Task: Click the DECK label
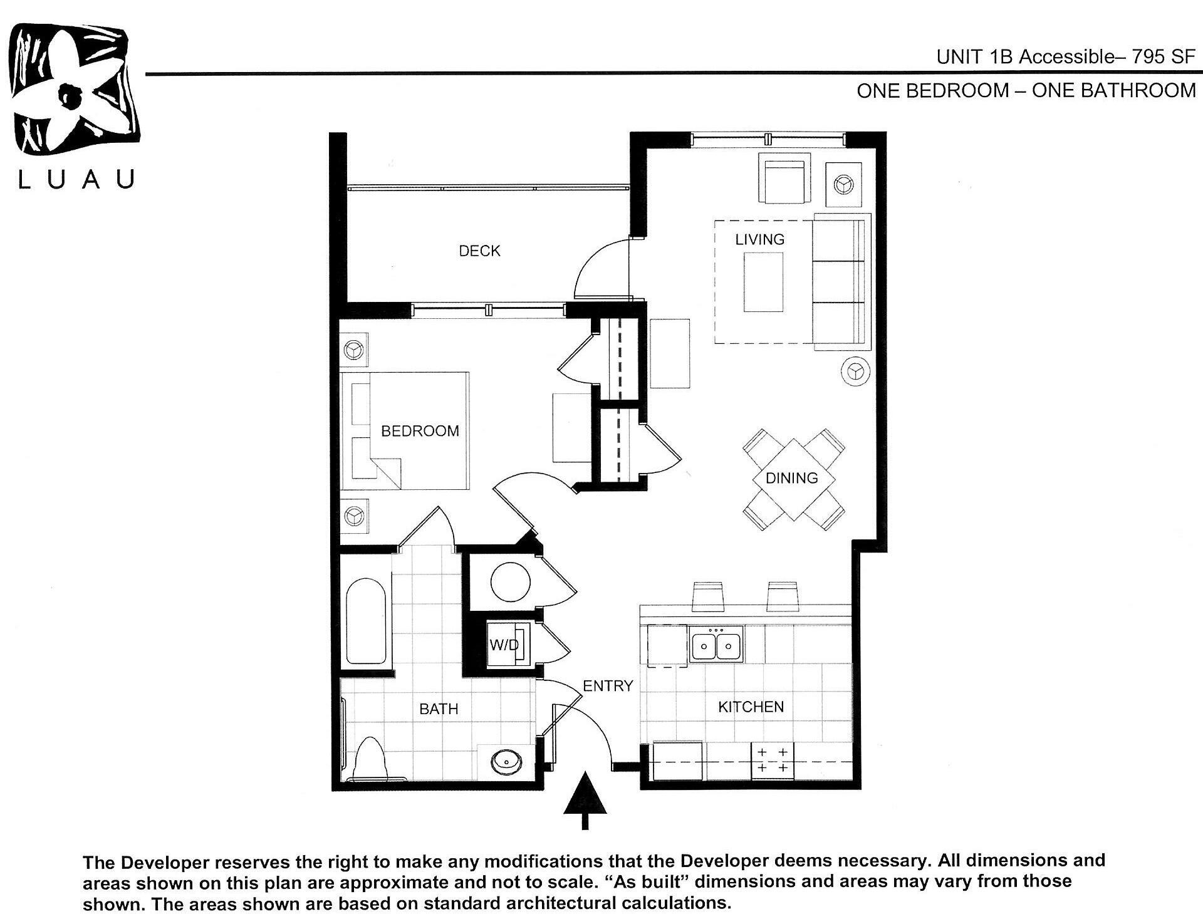[479, 251]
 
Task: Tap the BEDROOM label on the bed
[420, 431]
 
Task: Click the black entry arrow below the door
[585, 799]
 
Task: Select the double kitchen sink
[716, 645]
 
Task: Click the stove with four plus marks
[772, 760]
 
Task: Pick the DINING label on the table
[791, 478]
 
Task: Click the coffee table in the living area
[763, 282]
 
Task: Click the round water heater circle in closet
[510, 582]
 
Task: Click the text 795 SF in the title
[1163, 57]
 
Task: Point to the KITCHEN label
[751, 707]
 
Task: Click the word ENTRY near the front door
[607, 686]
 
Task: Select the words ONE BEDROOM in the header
[932, 91]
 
